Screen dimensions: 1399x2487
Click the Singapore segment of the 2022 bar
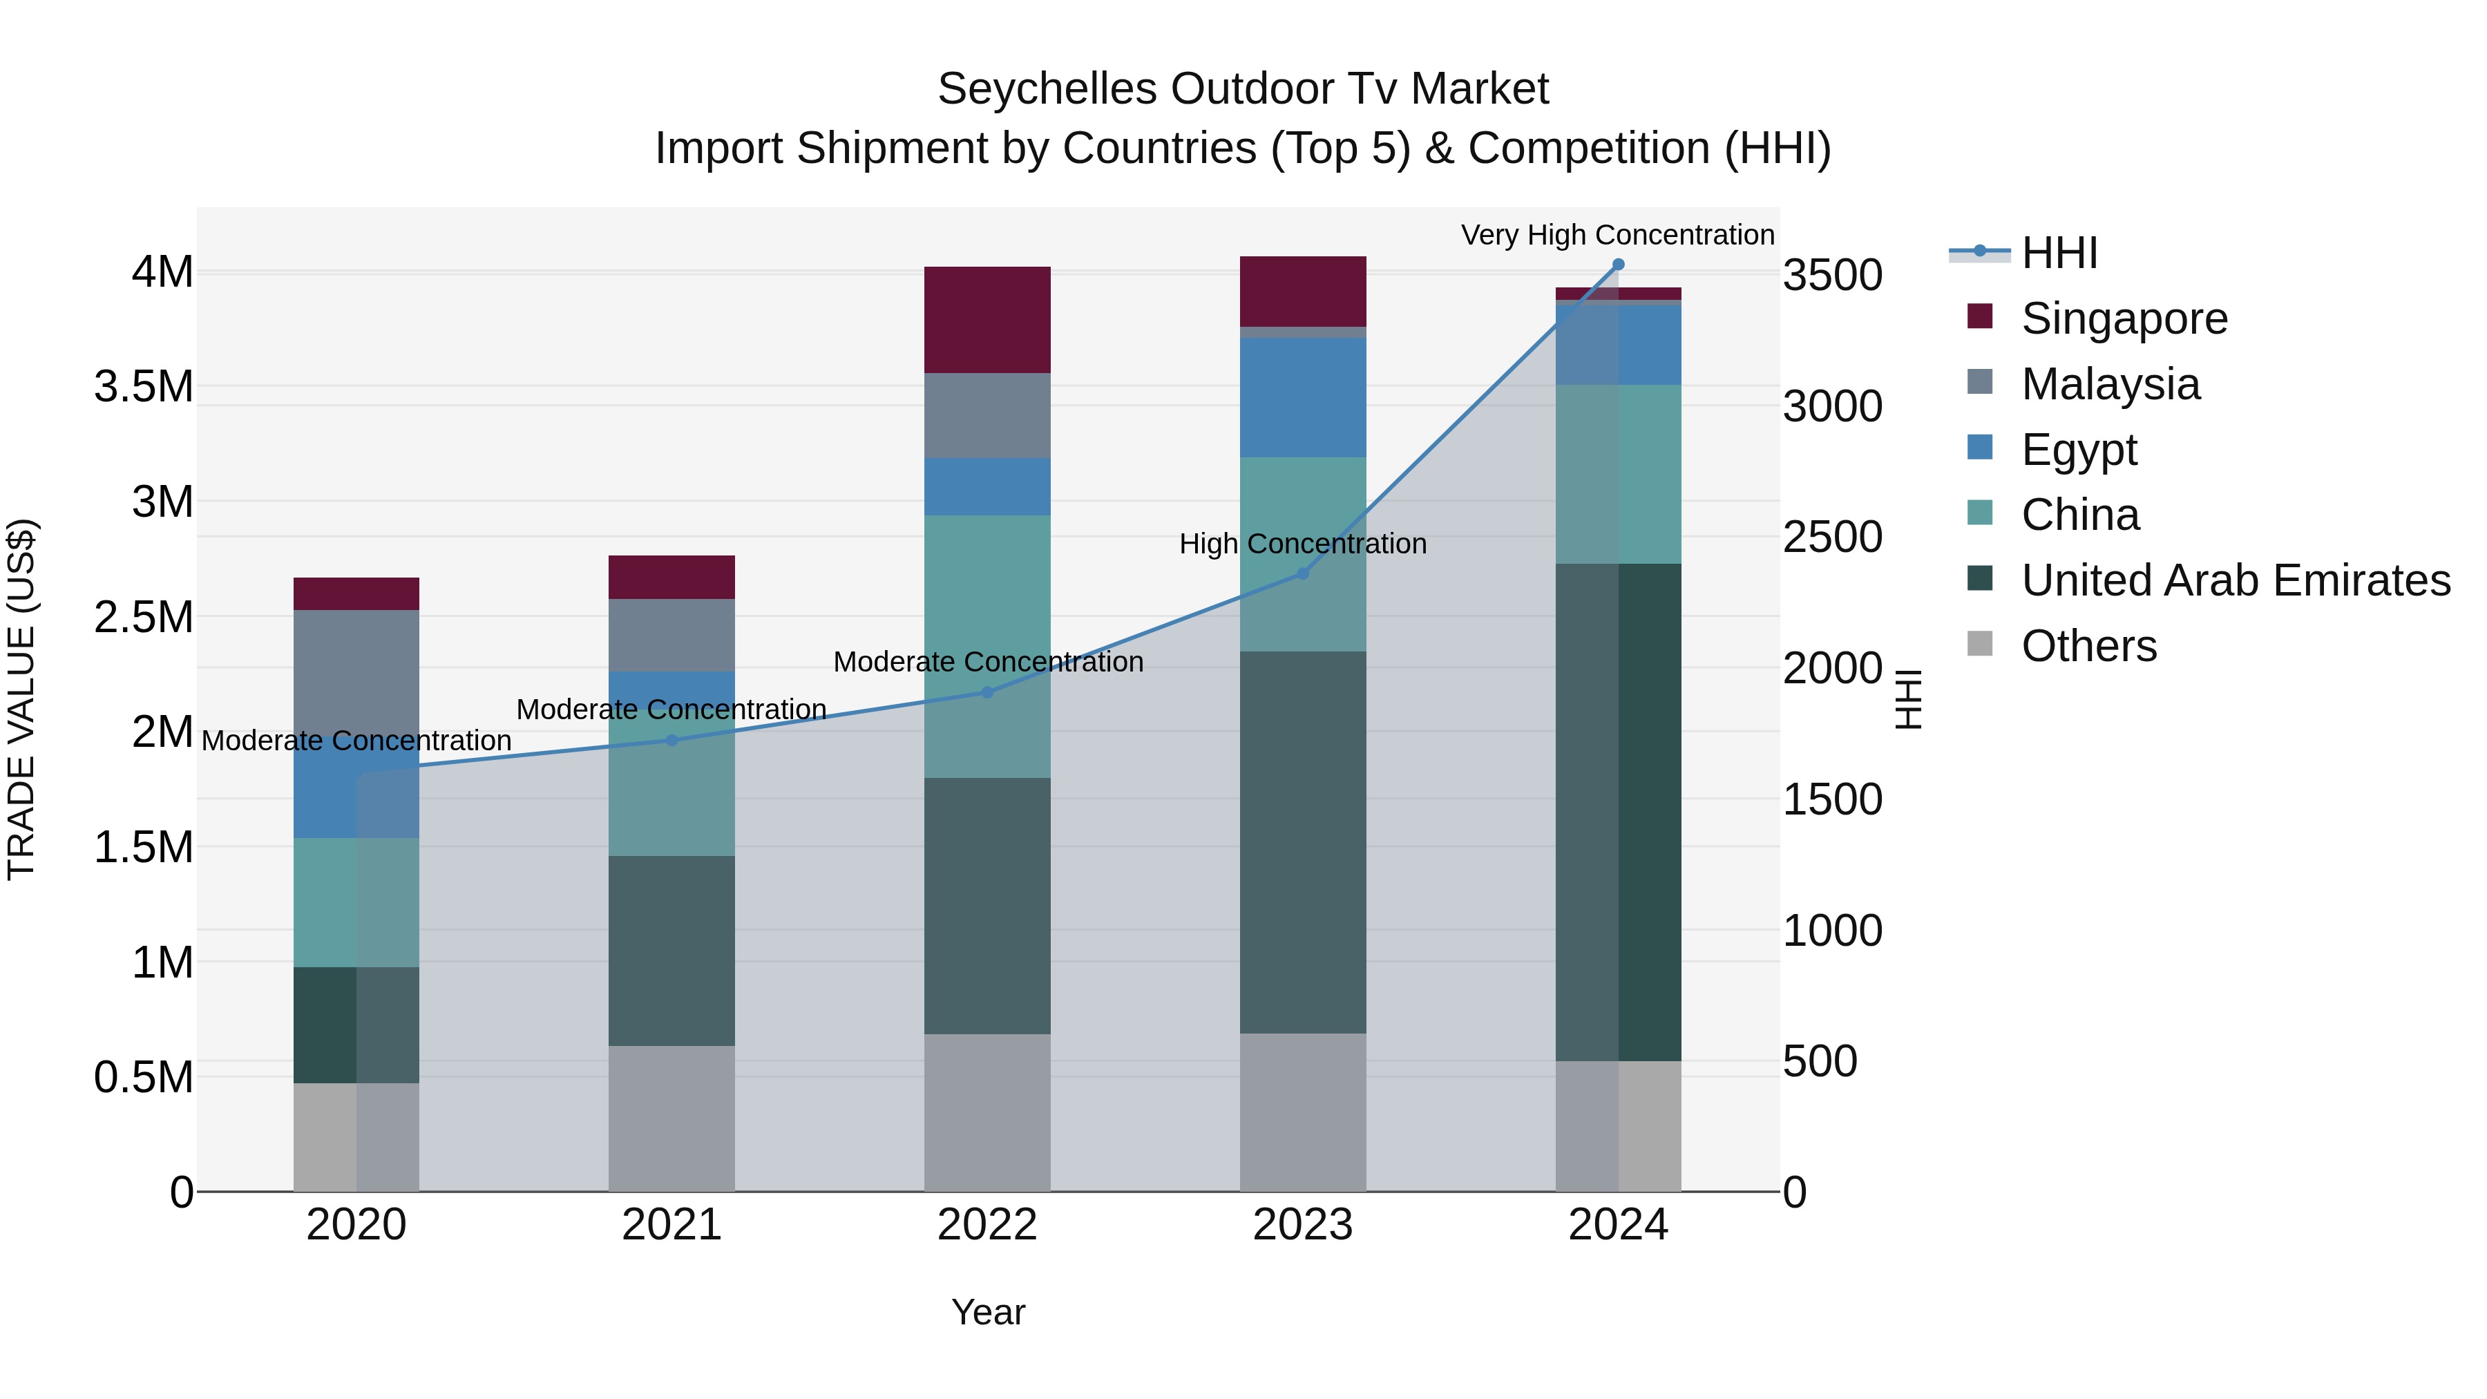point(987,320)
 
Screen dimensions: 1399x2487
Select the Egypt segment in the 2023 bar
point(1302,397)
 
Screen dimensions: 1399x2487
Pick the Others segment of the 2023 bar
point(1302,1112)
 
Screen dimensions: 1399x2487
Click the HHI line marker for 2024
point(1618,265)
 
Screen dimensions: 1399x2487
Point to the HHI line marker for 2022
point(987,692)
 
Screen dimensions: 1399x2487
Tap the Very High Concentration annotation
point(1617,235)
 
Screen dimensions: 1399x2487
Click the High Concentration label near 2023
point(1302,544)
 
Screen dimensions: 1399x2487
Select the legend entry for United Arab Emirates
point(2235,580)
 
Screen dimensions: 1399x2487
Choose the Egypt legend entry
point(2079,450)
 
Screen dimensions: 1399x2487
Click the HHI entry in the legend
point(2059,253)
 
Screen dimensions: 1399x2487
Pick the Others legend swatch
point(1979,644)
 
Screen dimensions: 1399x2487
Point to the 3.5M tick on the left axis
point(144,386)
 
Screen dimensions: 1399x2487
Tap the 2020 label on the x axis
point(356,1225)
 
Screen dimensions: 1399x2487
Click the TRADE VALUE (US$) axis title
point(21,699)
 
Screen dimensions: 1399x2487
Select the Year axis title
point(988,1312)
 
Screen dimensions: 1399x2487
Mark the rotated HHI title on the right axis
point(1907,699)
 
